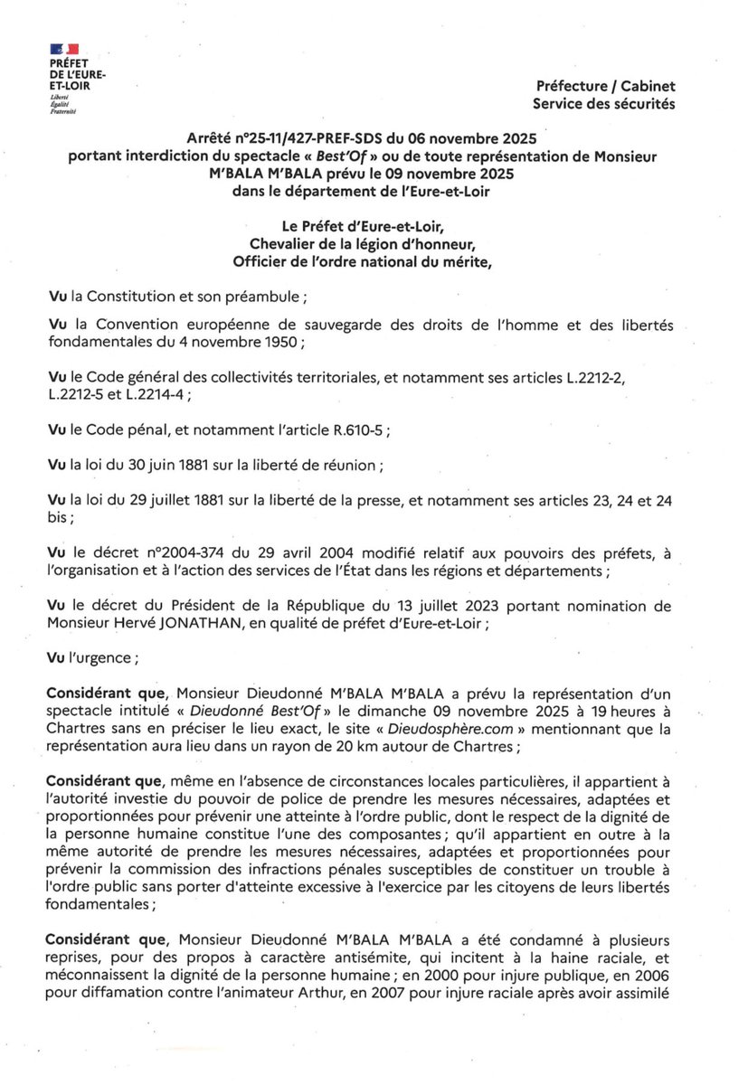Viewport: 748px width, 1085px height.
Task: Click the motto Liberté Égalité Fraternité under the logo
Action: click(62, 107)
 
